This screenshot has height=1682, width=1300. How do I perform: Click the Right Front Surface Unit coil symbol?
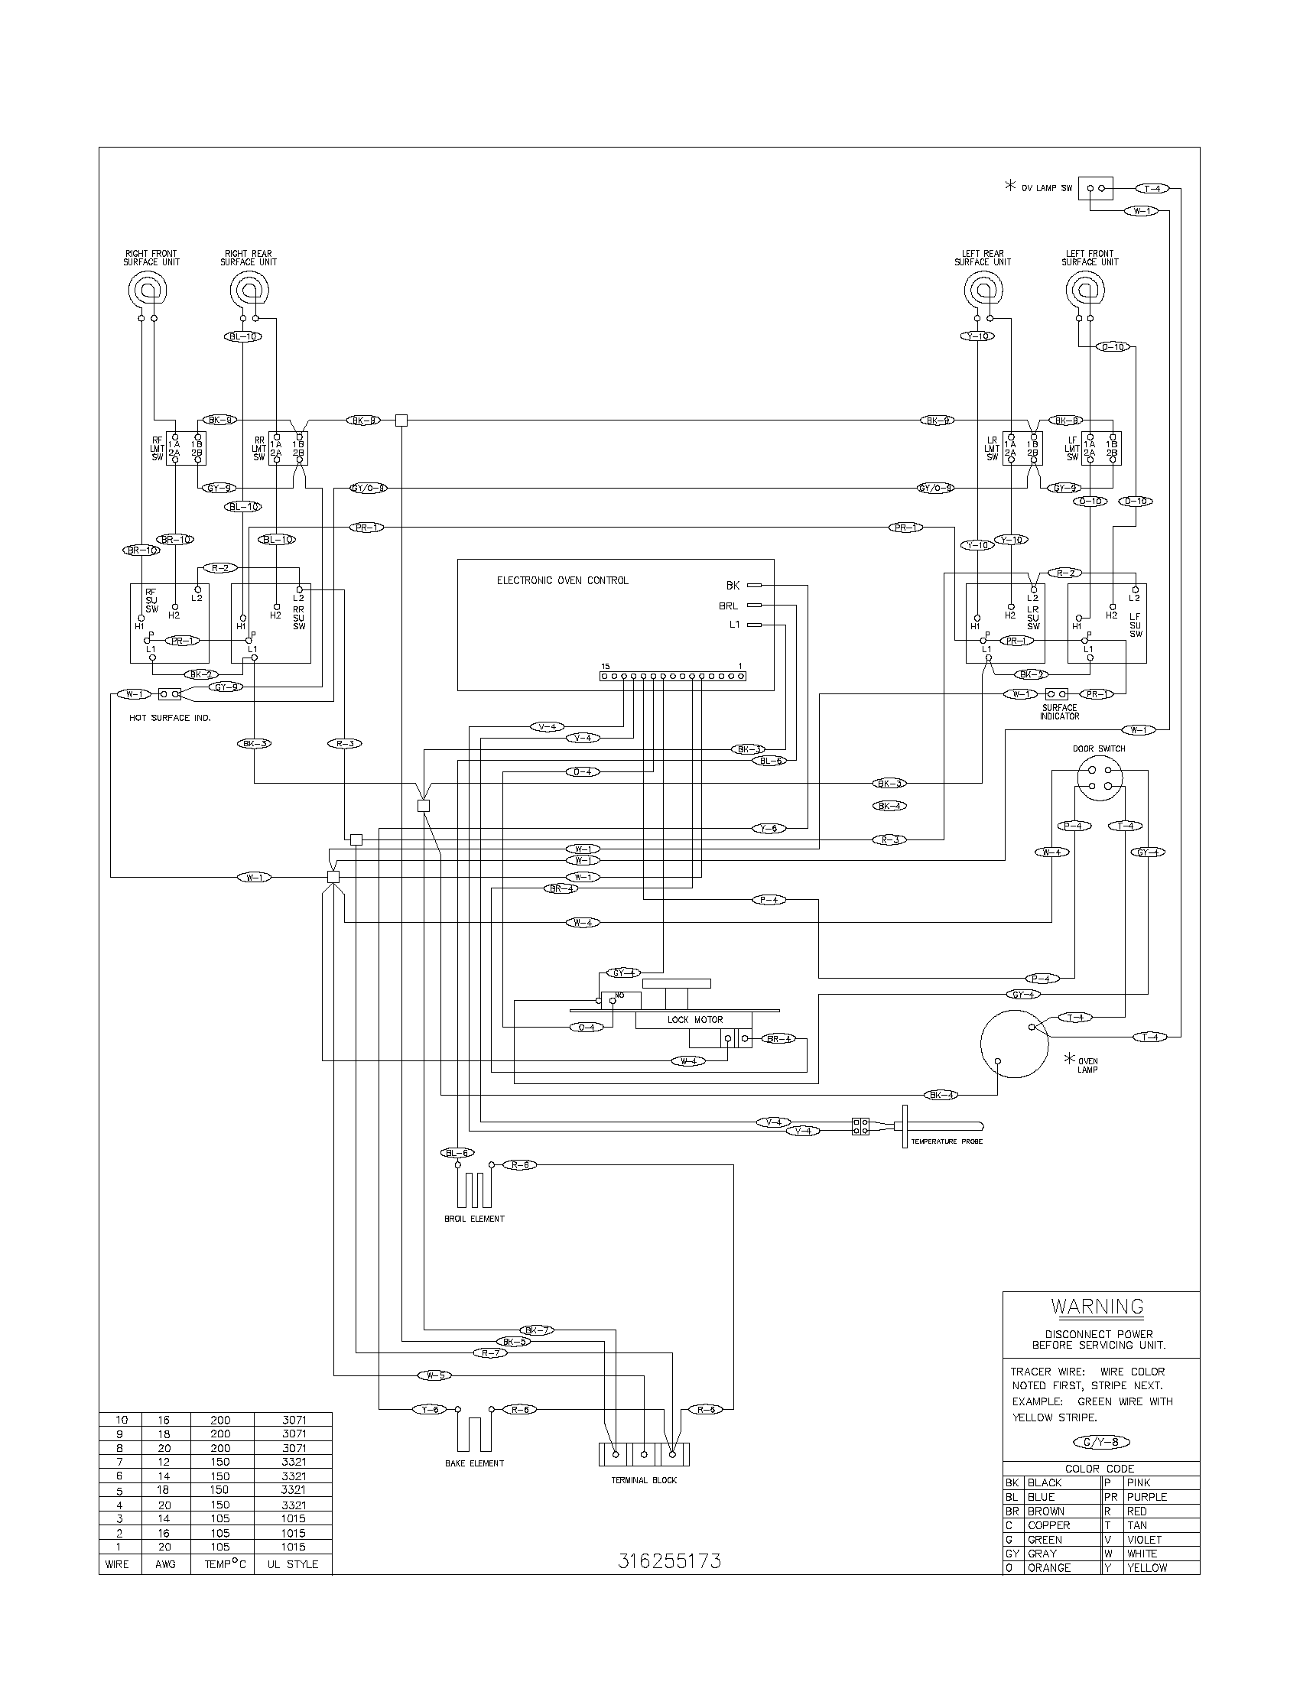pyautogui.click(x=146, y=291)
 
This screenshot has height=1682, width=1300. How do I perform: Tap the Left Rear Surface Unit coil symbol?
pyautogui.click(x=983, y=291)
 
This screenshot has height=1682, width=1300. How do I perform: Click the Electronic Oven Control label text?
pyautogui.click(x=562, y=581)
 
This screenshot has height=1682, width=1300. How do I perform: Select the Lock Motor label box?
pyautogui.click(x=694, y=1020)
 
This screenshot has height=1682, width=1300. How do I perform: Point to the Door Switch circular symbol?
pyautogui.click(x=1099, y=778)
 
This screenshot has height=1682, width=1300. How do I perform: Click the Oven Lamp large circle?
pyautogui.click(x=1013, y=1044)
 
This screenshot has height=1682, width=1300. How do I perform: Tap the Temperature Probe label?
pyautogui.click(x=947, y=1141)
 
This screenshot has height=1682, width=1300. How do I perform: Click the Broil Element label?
pyautogui.click(x=474, y=1219)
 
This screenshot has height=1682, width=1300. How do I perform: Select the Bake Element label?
pyautogui.click(x=474, y=1463)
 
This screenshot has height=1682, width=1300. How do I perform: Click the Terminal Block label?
pyautogui.click(x=644, y=1480)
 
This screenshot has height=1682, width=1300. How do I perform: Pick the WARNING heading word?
pyautogui.click(x=1097, y=1307)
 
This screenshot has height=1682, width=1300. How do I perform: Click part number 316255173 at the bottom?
pyautogui.click(x=670, y=1561)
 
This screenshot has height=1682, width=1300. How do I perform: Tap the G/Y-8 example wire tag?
pyautogui.click(x=1101, y=1443)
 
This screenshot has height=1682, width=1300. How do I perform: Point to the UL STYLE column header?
pyautogui.click(x=293, y=1564)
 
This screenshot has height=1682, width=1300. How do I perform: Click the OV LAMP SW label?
pyautogui.click(x=1047, y=189)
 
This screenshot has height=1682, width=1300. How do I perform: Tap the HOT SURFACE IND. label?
pyautogui.click(x=171, y=718)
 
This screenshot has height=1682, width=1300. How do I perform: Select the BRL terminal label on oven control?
pyautogui.click(x=728, y=606)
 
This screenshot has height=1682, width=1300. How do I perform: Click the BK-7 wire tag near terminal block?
pyautogui.click(x=535, y=1330)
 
